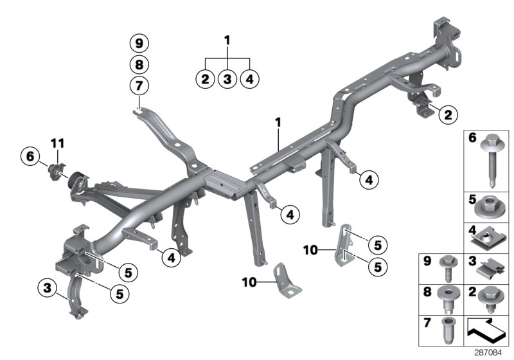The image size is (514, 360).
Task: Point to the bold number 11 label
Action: click(58, 141)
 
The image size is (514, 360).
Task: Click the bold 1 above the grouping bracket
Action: click(227, 40)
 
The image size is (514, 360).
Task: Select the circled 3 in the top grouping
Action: click(227, 79)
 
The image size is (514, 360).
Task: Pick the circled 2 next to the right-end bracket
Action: click(447, 116)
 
